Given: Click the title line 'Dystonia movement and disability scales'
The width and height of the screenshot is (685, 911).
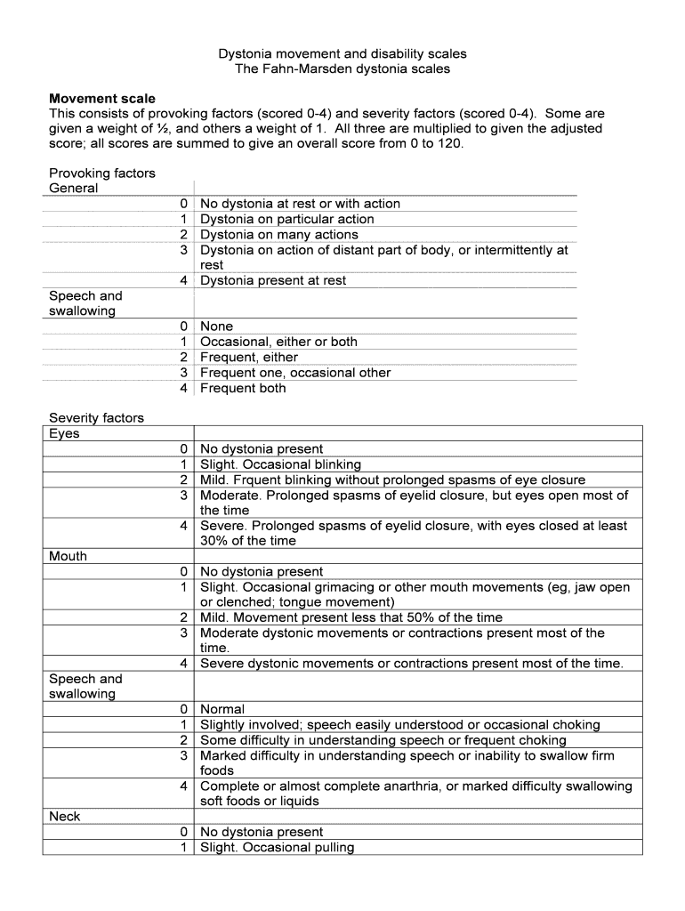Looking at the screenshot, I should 342,53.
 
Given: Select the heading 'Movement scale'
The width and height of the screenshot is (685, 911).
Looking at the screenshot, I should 101,99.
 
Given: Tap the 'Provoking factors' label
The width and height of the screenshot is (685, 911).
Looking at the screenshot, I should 101,173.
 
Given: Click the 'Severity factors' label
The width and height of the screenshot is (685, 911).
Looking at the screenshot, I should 96,417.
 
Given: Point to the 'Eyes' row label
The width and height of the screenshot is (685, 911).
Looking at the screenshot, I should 64,433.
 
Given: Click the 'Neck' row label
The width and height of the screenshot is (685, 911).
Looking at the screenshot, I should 64,817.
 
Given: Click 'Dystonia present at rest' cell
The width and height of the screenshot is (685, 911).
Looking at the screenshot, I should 273,280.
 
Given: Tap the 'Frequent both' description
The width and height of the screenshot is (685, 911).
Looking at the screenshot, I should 243,388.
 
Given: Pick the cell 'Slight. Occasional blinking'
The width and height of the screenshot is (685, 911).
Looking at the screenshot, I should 280,464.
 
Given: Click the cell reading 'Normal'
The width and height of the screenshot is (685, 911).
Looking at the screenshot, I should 222,710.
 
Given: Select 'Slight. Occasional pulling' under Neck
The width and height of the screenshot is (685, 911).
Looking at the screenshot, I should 277,848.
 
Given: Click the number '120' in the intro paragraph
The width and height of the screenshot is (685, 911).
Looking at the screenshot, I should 449,144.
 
